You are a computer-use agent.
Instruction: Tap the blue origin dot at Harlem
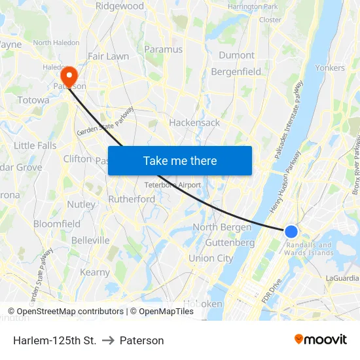pos(291,231)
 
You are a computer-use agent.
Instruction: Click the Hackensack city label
pos(194,122)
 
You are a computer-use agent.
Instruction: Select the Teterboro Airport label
pos(173,185)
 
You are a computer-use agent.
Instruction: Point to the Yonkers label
pos(330,67)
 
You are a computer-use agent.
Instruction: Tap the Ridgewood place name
pos(120,6)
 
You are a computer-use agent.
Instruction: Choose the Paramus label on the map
pos(163,49)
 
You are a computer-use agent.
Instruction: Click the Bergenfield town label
pos(236,71)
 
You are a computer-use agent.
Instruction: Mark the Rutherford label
pos(132,199)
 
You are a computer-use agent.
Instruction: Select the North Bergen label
pos(222,227)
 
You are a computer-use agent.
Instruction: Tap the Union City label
pos(211,259)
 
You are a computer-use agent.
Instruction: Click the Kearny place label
pos(95,272)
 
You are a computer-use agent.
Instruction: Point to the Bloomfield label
pos(57,224)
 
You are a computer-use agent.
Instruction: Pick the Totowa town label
pos(33,100)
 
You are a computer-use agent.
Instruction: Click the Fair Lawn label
pos(109,56)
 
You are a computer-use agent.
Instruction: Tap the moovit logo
pos(321,339)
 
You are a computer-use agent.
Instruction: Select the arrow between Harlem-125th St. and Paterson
pos(108,340)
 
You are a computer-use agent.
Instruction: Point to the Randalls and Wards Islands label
pos(309,249)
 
